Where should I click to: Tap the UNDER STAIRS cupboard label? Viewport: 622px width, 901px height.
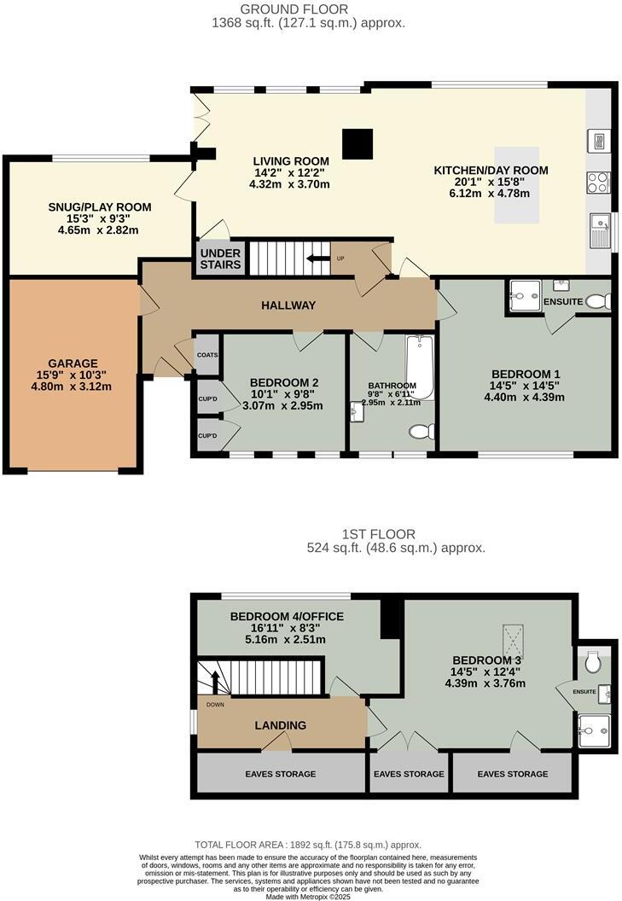[x=220, y=259]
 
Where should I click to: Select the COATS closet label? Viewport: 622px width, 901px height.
[x=207, y=355]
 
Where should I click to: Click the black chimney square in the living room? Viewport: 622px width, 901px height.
[x=358, y=143]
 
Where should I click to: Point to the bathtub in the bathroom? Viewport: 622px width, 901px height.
[x=421, y=368]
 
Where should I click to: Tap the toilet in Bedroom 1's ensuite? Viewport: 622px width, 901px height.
[x=600, y=301]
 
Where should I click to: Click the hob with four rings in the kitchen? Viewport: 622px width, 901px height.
[x=597, y=182]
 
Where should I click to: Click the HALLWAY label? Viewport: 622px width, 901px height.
[x=288, y=305]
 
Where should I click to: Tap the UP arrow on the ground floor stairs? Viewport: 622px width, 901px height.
[x=319, y=258]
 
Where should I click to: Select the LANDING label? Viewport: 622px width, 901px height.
[x=281, y=725]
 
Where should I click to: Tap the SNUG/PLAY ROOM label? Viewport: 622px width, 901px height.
[x=99, y=206]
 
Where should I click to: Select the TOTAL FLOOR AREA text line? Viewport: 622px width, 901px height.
[x=308, y=845]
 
